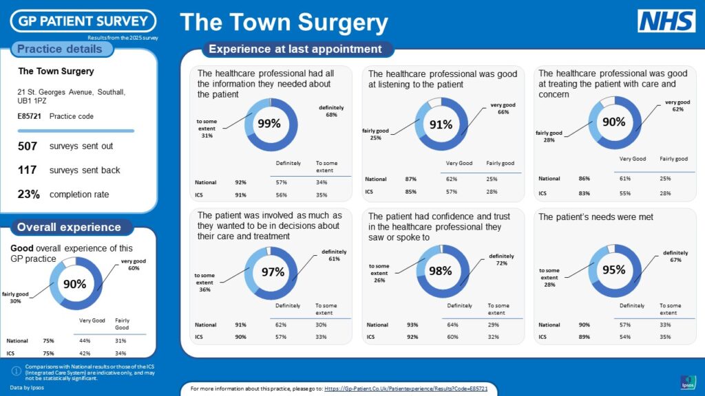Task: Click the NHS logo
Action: [666, 21]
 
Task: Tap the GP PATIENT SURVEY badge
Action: [83, 21]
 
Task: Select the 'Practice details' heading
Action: [59, 49]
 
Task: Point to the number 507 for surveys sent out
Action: [28, 146]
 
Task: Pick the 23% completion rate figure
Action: [28, 195]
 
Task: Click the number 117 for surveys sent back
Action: [28, 170]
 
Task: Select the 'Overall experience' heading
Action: [69, 227]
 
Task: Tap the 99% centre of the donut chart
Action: [269, 124]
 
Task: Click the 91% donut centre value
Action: [441, 124]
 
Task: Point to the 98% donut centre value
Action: [441, 271]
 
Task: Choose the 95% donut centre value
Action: [613, 270]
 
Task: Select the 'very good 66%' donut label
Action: [503, 109]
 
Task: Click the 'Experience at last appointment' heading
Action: [295, 49]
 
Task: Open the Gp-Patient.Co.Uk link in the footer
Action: [406, 389]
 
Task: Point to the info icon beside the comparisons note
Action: [16, 371]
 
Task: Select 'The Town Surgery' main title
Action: [284, 23]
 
